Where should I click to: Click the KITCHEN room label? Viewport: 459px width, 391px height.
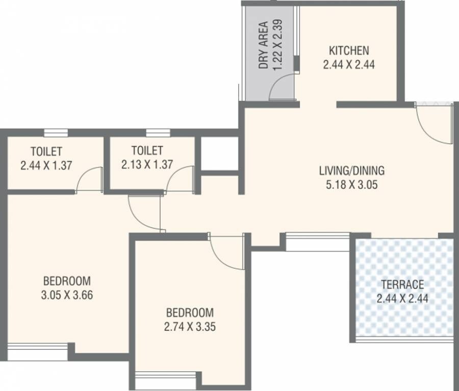[349, 50]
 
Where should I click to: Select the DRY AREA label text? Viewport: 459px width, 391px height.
[263, 45]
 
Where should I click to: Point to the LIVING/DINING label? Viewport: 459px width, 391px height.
[351, 171]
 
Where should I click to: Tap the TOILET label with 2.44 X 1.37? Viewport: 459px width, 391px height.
[46, 151]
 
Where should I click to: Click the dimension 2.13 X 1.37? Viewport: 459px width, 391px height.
[147, 164]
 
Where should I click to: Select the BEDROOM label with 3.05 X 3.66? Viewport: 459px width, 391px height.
[67, 281]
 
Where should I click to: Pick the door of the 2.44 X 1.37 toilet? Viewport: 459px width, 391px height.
[90, 179]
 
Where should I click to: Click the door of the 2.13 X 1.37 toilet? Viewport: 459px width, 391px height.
[180, 179]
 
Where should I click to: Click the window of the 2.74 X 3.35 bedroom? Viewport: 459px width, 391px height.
[165, 380]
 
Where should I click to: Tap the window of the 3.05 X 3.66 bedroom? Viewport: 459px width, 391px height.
[38, 352]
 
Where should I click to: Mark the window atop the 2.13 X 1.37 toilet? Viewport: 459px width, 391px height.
[158, 133]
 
